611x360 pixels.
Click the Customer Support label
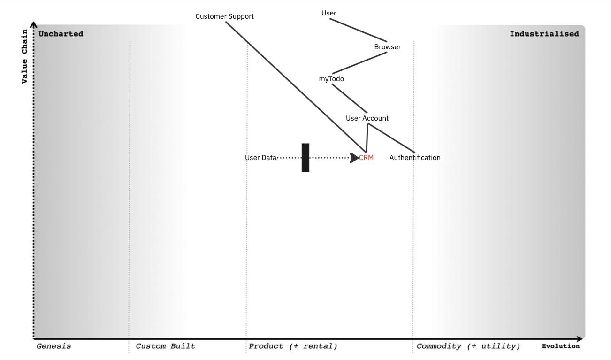coord(224,16)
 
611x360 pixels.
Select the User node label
coord(328,13)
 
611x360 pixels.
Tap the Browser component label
coord(387,47)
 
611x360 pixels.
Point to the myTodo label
coord(331,79)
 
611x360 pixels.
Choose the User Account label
coord(367,118)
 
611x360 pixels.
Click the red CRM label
coord(366,158)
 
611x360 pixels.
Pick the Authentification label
coord(415,158)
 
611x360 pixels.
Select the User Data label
coord(260,158)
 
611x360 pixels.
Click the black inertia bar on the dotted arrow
coord(305,158)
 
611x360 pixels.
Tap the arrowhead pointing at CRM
coord(354,158)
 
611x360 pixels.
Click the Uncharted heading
coord(61,34)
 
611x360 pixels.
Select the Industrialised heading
coord(544,34)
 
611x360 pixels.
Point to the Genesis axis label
coord(54,346)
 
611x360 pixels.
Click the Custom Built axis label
coord(165,346)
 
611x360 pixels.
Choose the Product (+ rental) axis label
coord(293,346)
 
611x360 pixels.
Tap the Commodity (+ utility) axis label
coord(468,346)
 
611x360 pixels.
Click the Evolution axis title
coord(560,346)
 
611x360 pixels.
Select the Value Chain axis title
coord(25,56)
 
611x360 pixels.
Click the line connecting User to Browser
coord(358,30)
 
